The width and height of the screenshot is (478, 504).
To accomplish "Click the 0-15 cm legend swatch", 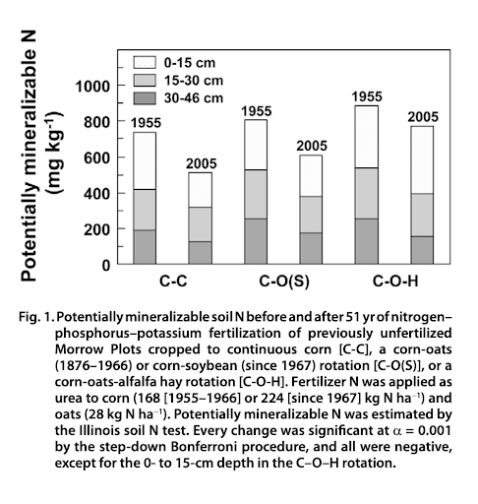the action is click(x=145, y=62).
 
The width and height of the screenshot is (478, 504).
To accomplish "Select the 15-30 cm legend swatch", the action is click(x=145, y=81).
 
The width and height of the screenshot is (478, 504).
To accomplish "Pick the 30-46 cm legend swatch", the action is click(x=145, y=98).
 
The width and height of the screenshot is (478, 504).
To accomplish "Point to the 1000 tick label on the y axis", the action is click(x=92, y=87).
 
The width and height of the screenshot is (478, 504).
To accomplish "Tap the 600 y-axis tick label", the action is click(x=96, y=158).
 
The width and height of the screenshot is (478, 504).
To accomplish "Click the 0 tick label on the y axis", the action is click(x=106, y=265).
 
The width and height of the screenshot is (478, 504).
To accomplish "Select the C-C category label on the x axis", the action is click(x=173, y=282).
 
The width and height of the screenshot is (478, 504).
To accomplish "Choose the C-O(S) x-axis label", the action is click(x=284, y=282).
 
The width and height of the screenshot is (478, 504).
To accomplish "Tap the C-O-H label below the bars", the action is click(x=395, y=282).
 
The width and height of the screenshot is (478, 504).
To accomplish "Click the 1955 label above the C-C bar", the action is click(x=146, y=123).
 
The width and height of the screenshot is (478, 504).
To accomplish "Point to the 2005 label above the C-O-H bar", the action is click(x=423, y=117).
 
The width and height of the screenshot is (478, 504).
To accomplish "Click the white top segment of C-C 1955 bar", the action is click(x=145, y=160).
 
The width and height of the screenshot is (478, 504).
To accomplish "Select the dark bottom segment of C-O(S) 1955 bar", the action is click(x=256, y=241).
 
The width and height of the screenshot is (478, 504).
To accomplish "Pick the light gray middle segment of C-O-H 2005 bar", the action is click(x=422, y=215).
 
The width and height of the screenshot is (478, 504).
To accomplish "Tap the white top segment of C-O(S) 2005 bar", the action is click(x=311, y=175).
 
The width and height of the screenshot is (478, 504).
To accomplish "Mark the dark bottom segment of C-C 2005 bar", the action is click(x=200, y=253).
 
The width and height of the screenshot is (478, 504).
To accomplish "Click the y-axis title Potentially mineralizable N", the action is click(x=29, y=156).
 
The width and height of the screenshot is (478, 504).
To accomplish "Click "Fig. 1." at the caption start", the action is click(x=36, y=317).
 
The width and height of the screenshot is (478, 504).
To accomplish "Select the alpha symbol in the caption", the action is click(x=397, y=431).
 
